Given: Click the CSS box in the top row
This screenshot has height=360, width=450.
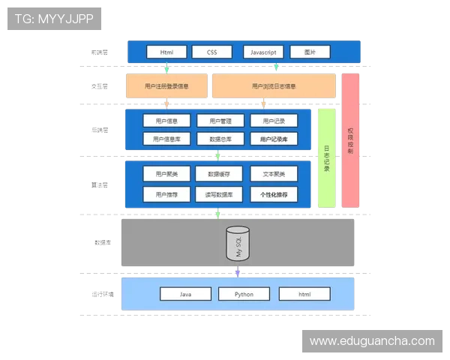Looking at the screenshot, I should click(212, 52).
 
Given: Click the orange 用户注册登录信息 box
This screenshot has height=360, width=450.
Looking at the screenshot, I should click(166, 86).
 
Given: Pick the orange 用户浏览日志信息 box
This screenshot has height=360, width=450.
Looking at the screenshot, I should click(274, 86).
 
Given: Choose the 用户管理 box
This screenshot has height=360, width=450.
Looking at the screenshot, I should click(220, 121).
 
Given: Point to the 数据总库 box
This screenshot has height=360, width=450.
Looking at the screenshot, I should click(220, 139).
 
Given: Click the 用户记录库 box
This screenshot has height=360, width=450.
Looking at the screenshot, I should click(274, 139).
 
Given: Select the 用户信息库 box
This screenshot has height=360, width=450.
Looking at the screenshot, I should click(166, 139).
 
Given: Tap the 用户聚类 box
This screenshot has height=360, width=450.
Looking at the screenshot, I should click(166, 174).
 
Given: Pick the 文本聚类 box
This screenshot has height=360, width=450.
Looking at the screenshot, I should click(274, 174).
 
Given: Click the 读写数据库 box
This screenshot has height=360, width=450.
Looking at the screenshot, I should click(220, 194).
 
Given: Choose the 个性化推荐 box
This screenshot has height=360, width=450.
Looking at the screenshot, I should click(274, 194).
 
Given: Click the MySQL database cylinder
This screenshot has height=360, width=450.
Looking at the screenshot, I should click(238, 244).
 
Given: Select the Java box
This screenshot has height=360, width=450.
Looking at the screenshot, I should click(185, 294).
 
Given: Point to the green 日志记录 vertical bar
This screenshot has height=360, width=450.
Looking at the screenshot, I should click(326, 157).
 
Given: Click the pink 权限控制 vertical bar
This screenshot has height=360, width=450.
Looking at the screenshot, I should click(350, 140).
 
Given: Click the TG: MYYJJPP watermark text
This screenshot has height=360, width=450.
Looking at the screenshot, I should click(54, 19).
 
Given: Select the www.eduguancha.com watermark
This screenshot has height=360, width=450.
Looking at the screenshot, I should click(372, 341).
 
